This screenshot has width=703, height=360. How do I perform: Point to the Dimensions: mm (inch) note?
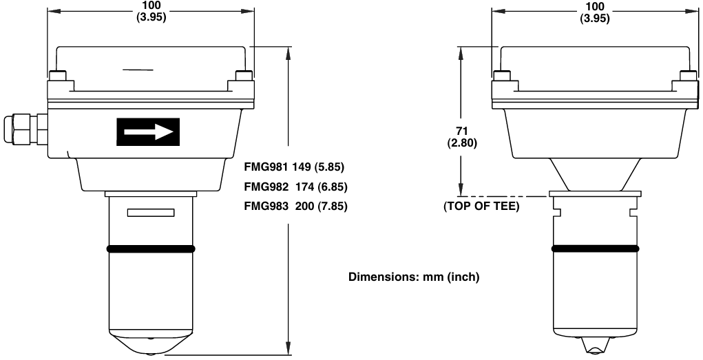point(413,277)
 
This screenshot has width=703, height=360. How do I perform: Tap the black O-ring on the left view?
point(151,248)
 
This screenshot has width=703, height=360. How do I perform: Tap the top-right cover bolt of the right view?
point(687,75)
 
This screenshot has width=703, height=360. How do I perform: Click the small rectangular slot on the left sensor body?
point(151,214)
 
